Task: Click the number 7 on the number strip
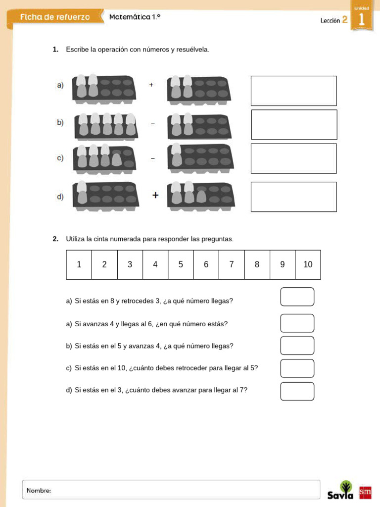[232, 264]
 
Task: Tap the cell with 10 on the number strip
[308, 264]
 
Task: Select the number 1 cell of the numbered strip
[79, 264]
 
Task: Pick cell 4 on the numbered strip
[155, 264]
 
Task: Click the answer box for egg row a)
[293, 91]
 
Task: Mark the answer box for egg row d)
[293, 197]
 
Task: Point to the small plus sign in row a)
[151, 85]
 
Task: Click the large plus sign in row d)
[155, 196]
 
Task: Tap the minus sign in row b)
[152, 123]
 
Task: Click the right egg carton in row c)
[200, 158]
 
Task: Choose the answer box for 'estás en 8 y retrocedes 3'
[297, 297]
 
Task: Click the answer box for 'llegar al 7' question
[297, 391]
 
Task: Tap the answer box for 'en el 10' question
[297, 368]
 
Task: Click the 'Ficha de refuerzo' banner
[55, 17]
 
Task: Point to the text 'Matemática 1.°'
[135, 17]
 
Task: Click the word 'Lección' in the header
[330, 21]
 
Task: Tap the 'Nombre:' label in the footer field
[39, 491]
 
